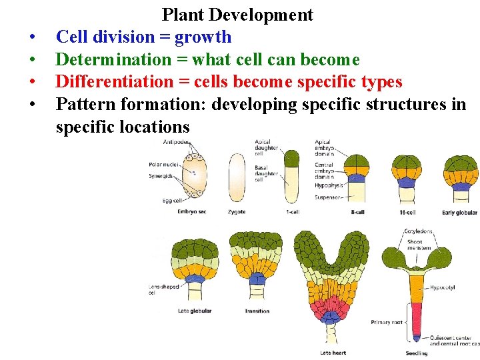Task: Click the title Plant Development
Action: click(237, 15)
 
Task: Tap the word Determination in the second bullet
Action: click(113, 59)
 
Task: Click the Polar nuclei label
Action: click(163, 163)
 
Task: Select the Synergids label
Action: click(161, 176)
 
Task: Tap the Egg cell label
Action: click(172, 201)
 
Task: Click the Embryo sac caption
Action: click(192, 212)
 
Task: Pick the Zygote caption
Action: click(237, 212)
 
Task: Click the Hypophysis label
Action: click(329, 185)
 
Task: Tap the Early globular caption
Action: click(459, 212)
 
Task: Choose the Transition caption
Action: click(257, 311)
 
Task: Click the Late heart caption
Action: click(332, 353)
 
